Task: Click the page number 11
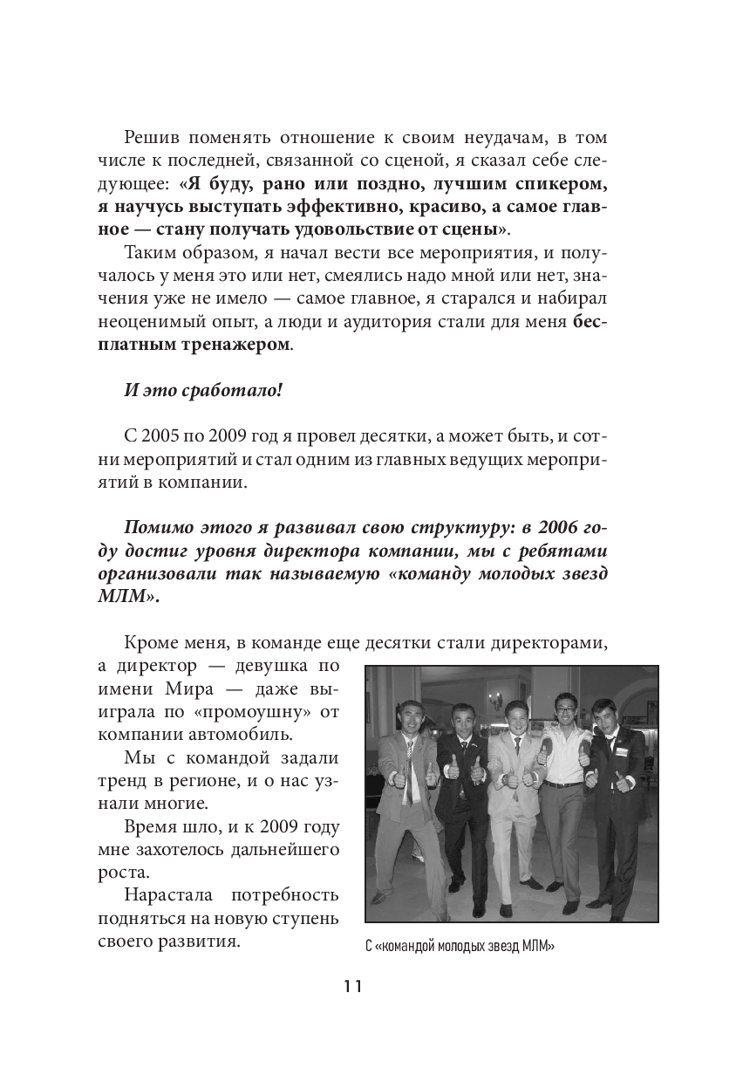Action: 352,987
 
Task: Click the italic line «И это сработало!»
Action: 203,389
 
